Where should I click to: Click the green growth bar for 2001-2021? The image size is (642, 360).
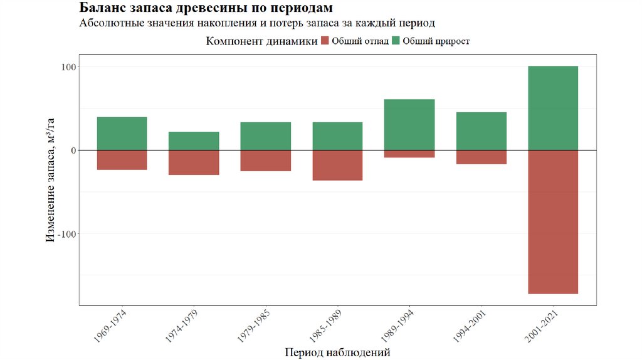(552, 108)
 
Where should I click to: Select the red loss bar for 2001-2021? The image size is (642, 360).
(552, 222)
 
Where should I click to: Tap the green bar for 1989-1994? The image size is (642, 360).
(409, 125)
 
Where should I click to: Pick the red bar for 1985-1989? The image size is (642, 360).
(337, 166)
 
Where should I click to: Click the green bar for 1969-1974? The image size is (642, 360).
(122, 134)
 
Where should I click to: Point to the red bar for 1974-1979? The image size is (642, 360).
(194, 162)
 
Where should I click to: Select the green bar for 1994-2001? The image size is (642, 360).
(481, 131)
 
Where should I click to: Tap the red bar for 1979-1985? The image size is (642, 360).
(266, 161)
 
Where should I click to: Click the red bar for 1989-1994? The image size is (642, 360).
(409, 154)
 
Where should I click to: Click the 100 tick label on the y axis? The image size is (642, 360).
(68, 67)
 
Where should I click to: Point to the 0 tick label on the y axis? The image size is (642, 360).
(72, 151)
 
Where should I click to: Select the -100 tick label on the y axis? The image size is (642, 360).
(66, 234)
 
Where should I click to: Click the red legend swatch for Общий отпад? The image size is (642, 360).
(324, 41)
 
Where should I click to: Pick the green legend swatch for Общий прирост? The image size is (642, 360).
(396, 41)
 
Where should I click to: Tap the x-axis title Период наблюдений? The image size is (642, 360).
(337, 352)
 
